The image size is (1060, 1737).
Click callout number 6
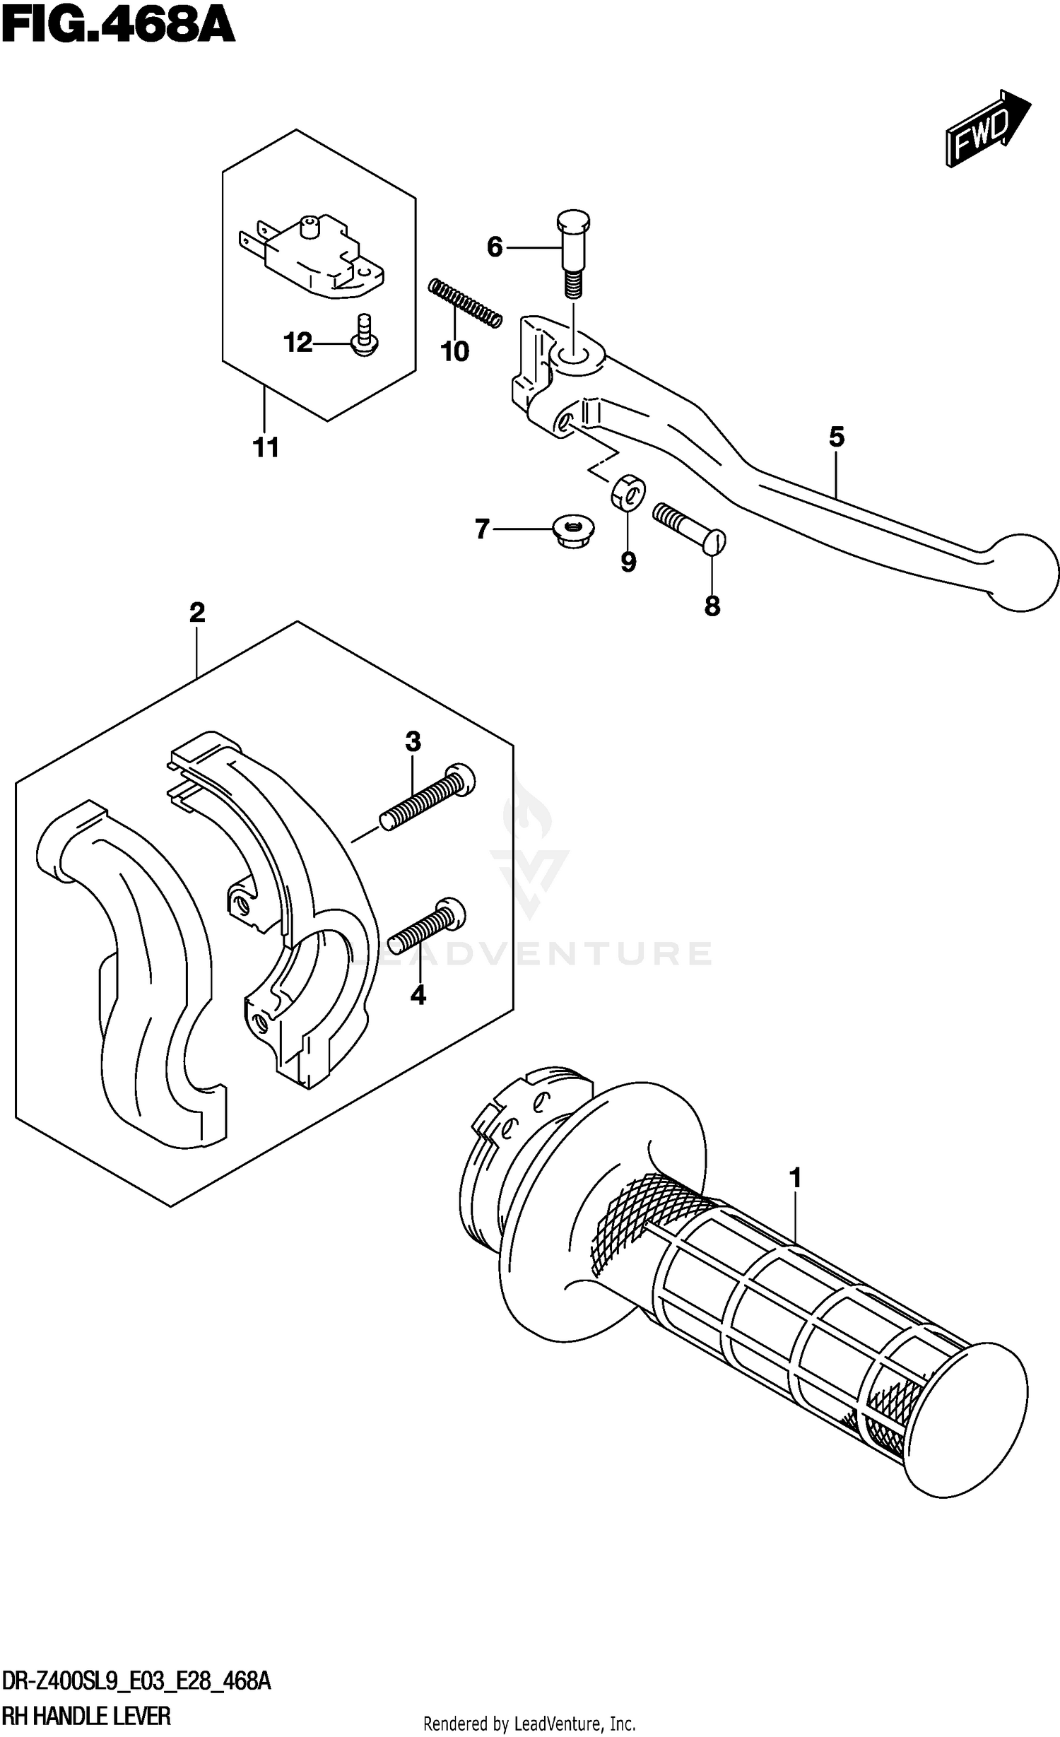495,247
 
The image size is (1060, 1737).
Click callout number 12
298,343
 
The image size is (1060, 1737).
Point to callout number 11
266,447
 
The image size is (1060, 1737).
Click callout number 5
836,437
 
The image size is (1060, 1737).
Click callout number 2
197,612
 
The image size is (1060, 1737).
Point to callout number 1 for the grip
796,1179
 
